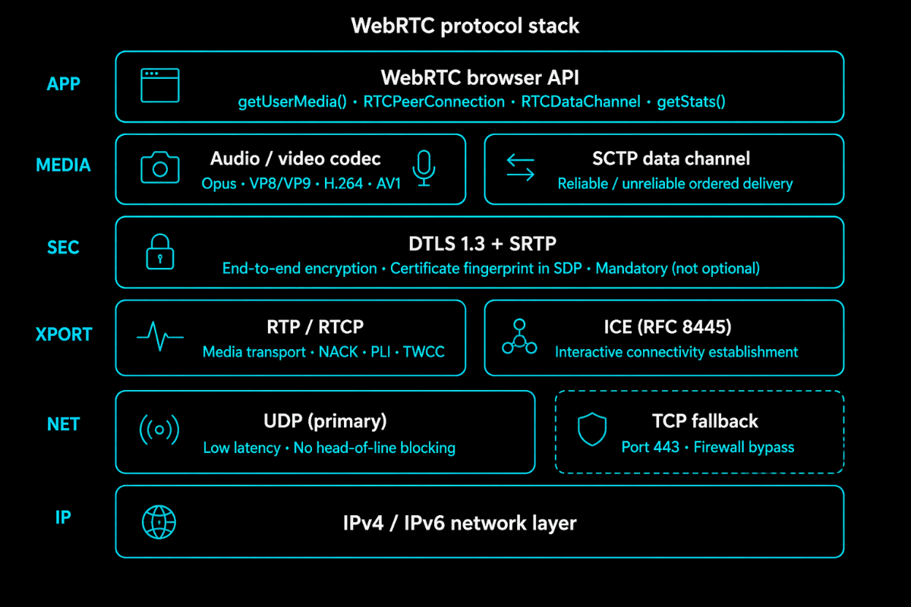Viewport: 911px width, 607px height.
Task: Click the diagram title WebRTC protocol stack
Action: [x=465, y=26]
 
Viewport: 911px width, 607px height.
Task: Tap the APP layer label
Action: [x=63, y=84]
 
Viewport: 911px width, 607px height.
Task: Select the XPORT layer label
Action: [x=63, y=335]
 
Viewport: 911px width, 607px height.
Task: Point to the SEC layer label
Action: [x=63, y=248]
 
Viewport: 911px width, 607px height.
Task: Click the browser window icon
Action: [x=159, y=86]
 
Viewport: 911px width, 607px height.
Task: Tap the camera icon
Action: [x=159, y=168]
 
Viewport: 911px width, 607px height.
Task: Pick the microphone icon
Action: [x=424, y=168]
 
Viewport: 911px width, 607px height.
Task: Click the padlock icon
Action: [x=159, y=252]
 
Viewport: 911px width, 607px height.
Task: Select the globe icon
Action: [x=159, y=522]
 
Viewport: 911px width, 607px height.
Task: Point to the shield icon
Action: [x=591, y=431]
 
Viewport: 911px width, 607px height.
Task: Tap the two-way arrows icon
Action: [x=520, y=168]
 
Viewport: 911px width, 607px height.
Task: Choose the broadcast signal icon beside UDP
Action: [x=159, y=430]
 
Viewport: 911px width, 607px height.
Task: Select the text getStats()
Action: [x=691, y=102]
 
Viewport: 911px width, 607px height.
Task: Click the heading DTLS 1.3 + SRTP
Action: [x=482, y=244]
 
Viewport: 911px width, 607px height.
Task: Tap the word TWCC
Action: [x=424, y=352]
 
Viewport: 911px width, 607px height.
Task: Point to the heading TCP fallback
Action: [x=705, y=422]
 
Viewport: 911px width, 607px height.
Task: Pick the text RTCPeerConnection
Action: [x=433, y=102]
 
